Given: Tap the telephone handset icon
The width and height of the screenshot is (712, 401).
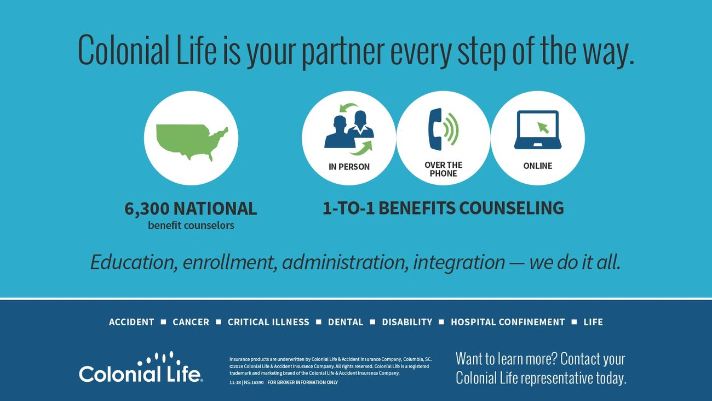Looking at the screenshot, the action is click(x=435, y=129).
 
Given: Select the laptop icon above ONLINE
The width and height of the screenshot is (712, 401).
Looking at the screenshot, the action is click(x=537, y=129).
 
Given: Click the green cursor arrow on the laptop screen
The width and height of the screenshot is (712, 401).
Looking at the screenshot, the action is click(x=543, y=128).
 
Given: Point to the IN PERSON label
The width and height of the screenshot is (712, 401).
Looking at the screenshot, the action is click(x=349, y=167).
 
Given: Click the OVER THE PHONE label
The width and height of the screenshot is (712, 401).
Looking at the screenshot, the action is click(x=444, y=170).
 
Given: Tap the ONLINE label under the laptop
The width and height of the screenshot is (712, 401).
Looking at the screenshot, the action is click(x=537, y=166).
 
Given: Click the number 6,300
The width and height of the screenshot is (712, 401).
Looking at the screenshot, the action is click(x=147, y=209).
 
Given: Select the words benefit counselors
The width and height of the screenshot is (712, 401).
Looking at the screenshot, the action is click(x=191, y=225).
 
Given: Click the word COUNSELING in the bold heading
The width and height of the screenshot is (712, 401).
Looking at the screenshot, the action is click(x=512, y=208).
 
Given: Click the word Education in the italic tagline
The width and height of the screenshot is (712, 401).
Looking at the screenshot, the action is click(x=134, y=262).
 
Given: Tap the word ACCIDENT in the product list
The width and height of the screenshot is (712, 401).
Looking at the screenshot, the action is click(x=131, y=322).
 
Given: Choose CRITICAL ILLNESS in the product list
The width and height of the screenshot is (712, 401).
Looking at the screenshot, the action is click(x=268, y=322).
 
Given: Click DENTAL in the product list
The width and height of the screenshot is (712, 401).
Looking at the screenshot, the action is click(x=346, y=322).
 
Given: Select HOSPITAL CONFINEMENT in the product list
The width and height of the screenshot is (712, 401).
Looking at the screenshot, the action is click(x=508, y=322).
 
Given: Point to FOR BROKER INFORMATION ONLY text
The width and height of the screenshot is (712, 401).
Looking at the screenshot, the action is click(x=302, y=382).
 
